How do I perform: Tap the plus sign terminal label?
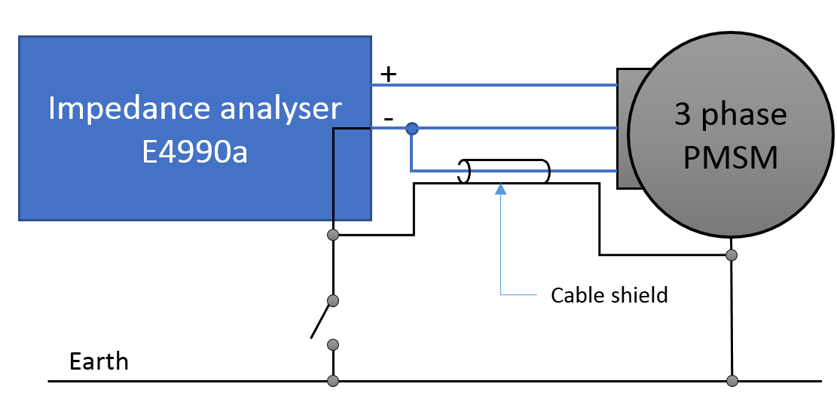click(387, 75)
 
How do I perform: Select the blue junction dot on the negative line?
click(411, 129)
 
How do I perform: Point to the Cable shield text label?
click(609, 294)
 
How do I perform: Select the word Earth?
click(99, 361)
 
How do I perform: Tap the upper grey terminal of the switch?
click(333, 301)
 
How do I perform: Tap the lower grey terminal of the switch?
click(333, 345)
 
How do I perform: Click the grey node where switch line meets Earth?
click(333, 380)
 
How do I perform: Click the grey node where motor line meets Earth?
click(731, 380)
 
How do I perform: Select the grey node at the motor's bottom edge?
click(731, 255)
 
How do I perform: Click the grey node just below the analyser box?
click(333, 236)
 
